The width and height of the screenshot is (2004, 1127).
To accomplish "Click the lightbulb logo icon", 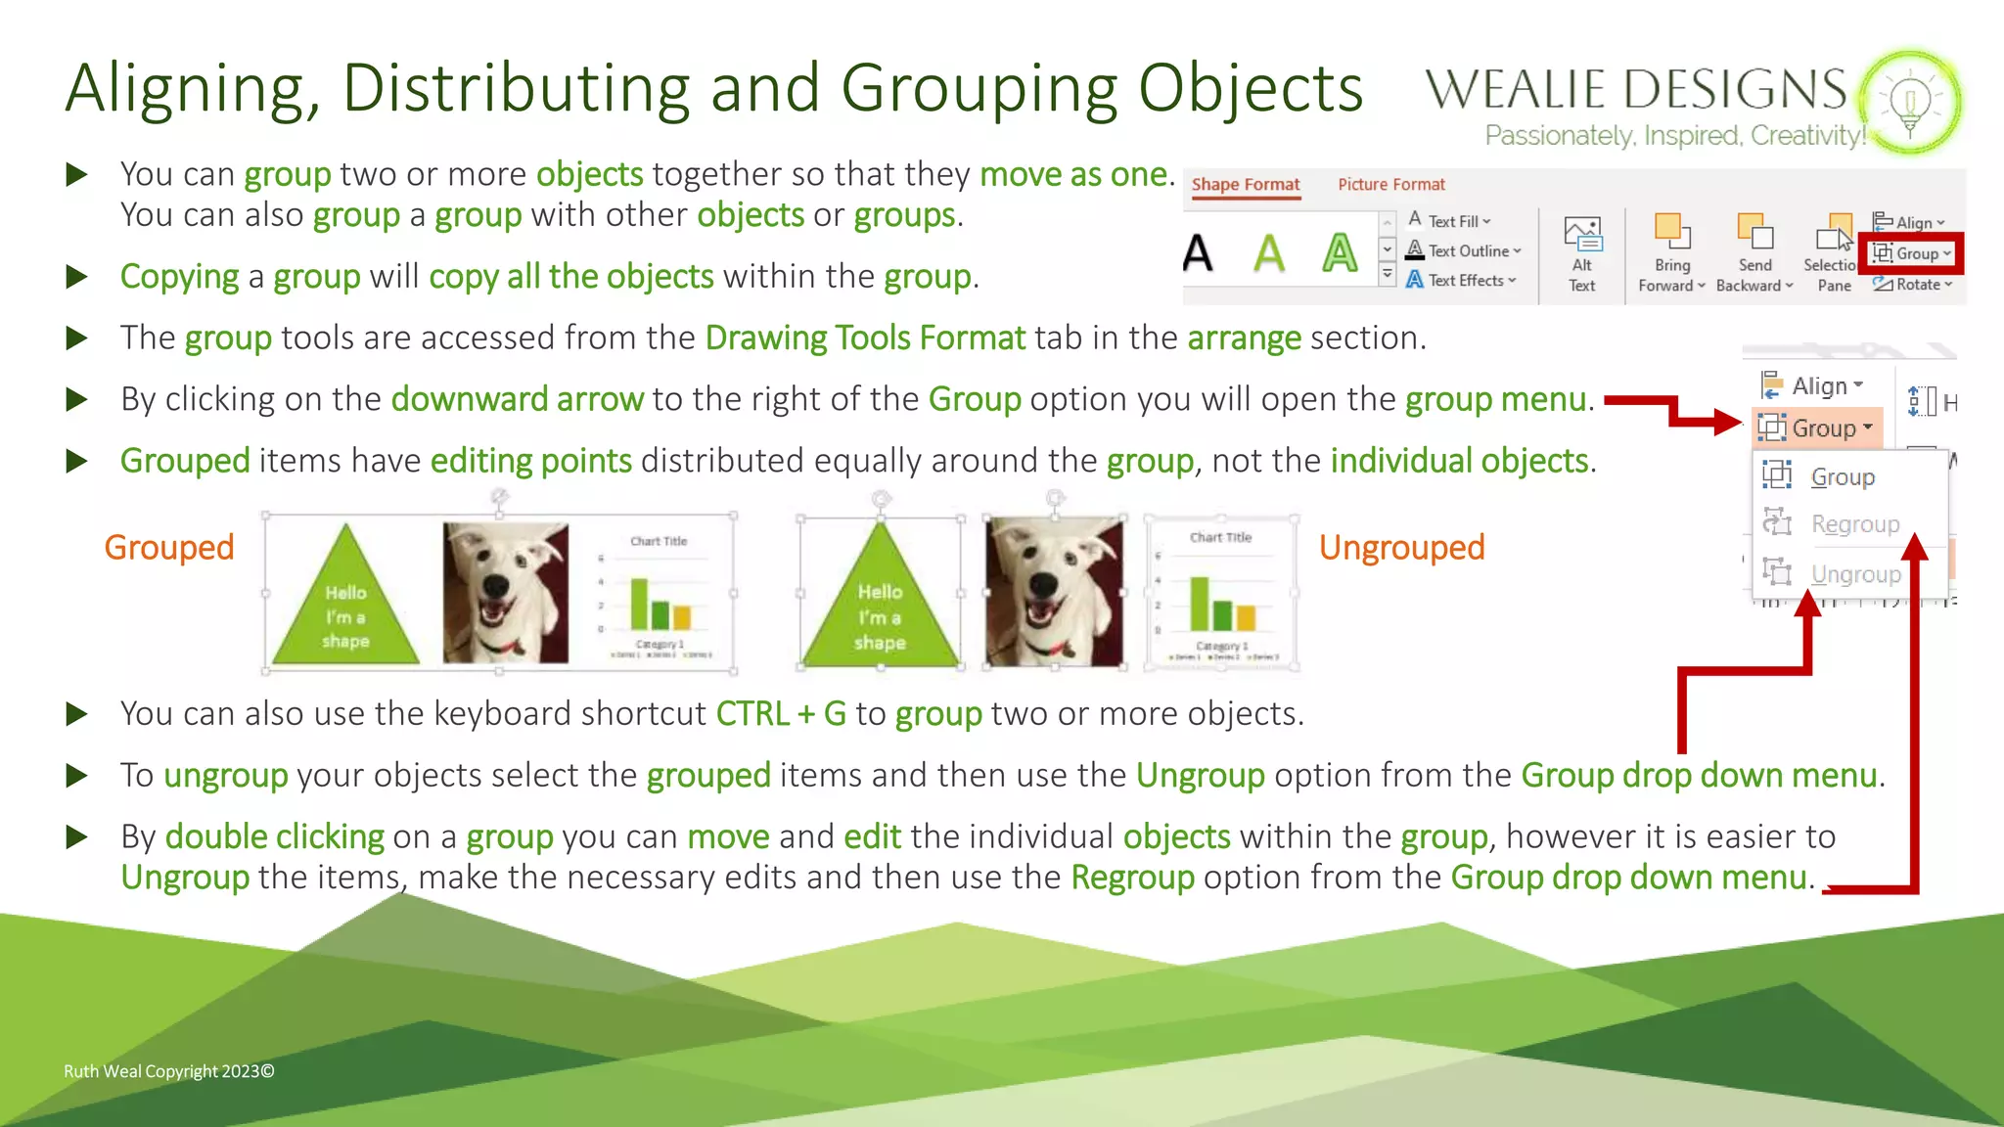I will [1910, 102].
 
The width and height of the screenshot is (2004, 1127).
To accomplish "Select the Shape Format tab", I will [1245, 184].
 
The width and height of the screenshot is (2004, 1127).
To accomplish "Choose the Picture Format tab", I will [1390, 184].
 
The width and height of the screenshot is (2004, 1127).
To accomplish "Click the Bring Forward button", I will [1671, 255].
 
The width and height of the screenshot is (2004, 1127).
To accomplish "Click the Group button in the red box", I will [1911, 253].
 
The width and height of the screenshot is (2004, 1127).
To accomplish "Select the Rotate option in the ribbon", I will [1913, 285].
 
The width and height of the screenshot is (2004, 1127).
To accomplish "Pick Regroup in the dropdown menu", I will [1853, 524].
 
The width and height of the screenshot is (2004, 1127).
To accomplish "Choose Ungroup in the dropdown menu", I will [1854, 574].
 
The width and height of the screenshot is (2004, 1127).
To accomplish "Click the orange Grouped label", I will [169, 548].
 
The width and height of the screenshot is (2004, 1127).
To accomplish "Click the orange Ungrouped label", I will [1401, 548].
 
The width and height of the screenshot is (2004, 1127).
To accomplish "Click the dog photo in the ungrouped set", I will [1054, 592].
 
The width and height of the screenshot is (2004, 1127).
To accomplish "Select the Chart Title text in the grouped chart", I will [659, 541].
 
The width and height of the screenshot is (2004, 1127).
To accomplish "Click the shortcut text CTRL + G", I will [781, 714].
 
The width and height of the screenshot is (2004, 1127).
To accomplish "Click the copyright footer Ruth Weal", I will [168, 1071].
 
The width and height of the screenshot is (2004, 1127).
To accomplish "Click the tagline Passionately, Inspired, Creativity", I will [1674, 135].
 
